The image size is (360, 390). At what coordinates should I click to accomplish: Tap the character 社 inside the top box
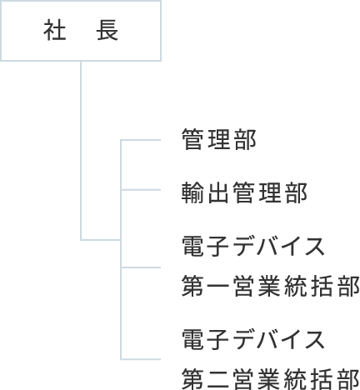coord(55,31)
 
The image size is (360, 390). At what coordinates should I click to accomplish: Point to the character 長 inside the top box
coord(107,31)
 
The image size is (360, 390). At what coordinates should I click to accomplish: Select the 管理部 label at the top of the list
coord(219,139)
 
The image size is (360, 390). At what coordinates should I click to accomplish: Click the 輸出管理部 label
coord(244,192)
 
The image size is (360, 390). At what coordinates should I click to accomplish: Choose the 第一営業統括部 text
coord(271,286)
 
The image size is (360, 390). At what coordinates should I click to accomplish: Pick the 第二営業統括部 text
coord(271,379)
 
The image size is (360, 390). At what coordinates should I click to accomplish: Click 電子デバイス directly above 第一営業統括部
coord(253,246)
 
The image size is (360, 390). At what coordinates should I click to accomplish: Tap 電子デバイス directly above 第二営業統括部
coord(253,339)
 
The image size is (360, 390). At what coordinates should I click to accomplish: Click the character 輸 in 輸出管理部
coord(192,192)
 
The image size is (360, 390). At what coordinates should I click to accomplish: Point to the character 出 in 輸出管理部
coord(218,192)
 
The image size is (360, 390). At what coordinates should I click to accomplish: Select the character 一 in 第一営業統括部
coord(218,287)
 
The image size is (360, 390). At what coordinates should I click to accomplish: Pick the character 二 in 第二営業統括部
coord(218,379)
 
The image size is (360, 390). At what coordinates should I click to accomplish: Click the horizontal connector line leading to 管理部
coord(141,140)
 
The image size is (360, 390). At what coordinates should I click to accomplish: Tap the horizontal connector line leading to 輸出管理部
coord(141,190)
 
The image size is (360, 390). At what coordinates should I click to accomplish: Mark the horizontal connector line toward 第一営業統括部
coord(141,267)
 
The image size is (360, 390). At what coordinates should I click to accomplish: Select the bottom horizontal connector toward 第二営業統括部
coord(141,359)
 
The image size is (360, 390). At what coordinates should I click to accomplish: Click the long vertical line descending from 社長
coord(81,151)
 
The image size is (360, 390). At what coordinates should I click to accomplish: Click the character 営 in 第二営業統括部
coord(244,379)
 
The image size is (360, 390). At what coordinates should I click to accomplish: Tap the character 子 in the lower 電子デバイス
coord(218,339)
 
